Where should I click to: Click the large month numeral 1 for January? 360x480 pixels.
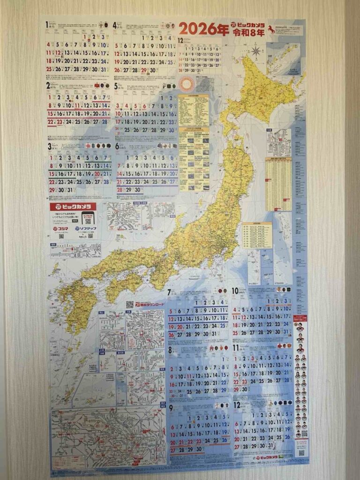click(48, 24)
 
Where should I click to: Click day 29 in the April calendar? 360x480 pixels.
click(146, 70)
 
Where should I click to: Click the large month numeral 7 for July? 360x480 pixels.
click(169, 292)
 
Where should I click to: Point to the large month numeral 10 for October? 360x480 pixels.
click(234, 291)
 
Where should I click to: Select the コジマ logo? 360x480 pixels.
click(61, 228)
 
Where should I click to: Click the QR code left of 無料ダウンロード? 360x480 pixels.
click(130, 304)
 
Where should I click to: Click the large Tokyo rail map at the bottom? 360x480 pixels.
click(108, 438)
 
